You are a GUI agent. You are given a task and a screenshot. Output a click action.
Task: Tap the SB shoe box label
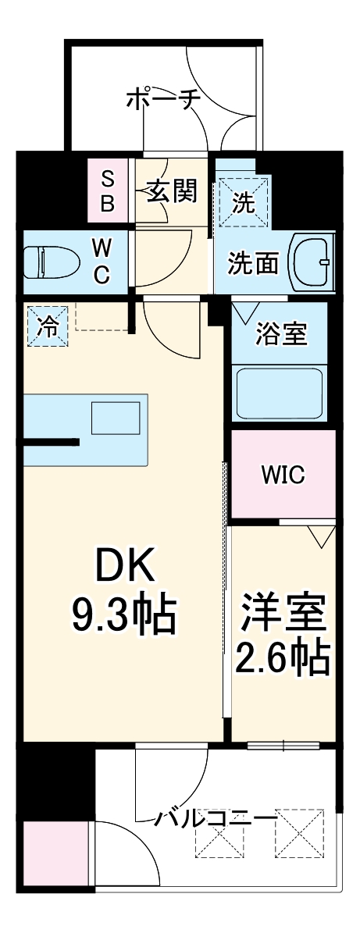[x=108, y=192]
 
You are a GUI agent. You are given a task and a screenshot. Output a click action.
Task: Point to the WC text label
[x=101, y=262]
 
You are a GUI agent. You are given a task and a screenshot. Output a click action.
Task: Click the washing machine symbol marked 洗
[x=244, y=202]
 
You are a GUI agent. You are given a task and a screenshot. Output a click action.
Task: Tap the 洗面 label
[x=253, y=264]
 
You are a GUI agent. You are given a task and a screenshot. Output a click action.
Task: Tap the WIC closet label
[x=283, y=474]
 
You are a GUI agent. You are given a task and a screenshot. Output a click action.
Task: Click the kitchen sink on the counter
[x=114, y=419]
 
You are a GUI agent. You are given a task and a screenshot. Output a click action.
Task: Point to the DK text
[x=125, y=564]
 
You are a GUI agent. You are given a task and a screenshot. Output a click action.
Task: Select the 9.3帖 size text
[x=125, y=614]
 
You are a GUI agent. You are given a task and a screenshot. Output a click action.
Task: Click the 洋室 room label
[x=283, y=614]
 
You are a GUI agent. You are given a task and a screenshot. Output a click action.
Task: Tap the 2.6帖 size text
[x=283, y=660]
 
